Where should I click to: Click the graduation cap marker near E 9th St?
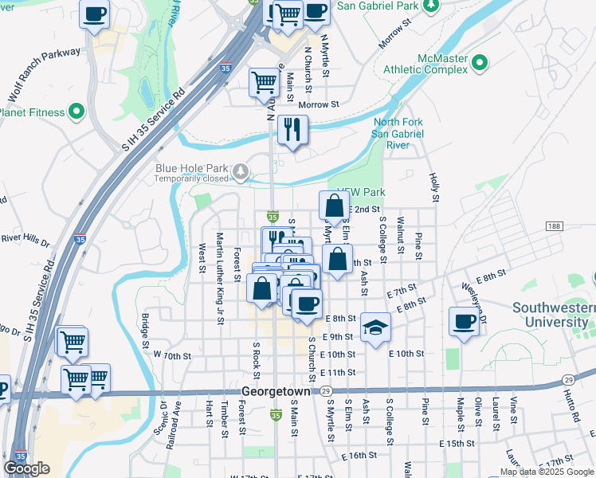[374, 327]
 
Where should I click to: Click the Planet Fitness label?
[32, 112]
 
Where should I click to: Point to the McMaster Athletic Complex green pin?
[480, 62]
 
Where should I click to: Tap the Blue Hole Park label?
[191, 169]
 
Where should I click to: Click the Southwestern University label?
[554, 315]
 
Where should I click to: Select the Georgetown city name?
[279, 391]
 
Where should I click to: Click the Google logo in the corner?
[27, 468]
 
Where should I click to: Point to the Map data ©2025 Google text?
[545, 471]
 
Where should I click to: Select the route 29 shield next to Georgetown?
[327, 391]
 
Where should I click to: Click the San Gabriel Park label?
[377, 6]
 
